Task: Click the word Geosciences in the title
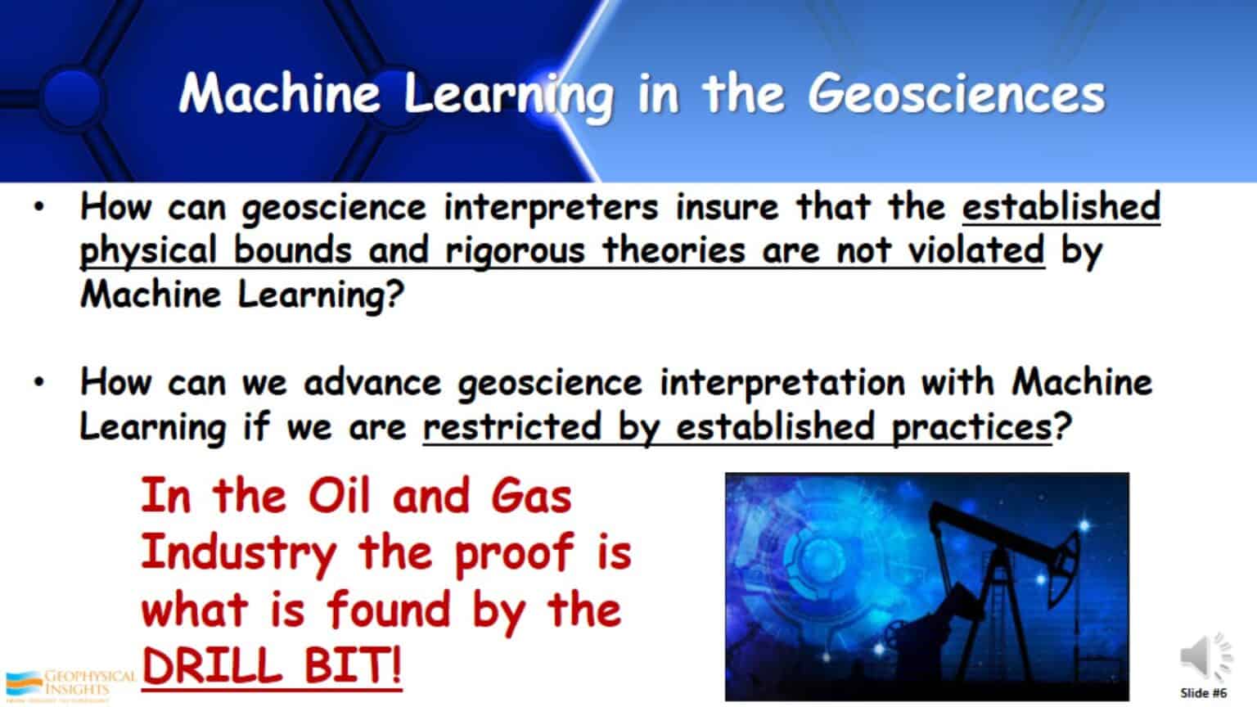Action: click(x=956, y=94)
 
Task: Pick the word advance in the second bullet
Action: click(x=372, y=382)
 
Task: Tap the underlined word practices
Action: click(x=971, y=427)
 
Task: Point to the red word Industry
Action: click(x=238, y=554)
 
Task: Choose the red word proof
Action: click(x=513, y=554)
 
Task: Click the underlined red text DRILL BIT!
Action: click(x=272, y=666)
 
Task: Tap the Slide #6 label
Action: click(x=1203, y=692)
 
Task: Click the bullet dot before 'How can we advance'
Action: click(x=38, y=382)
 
